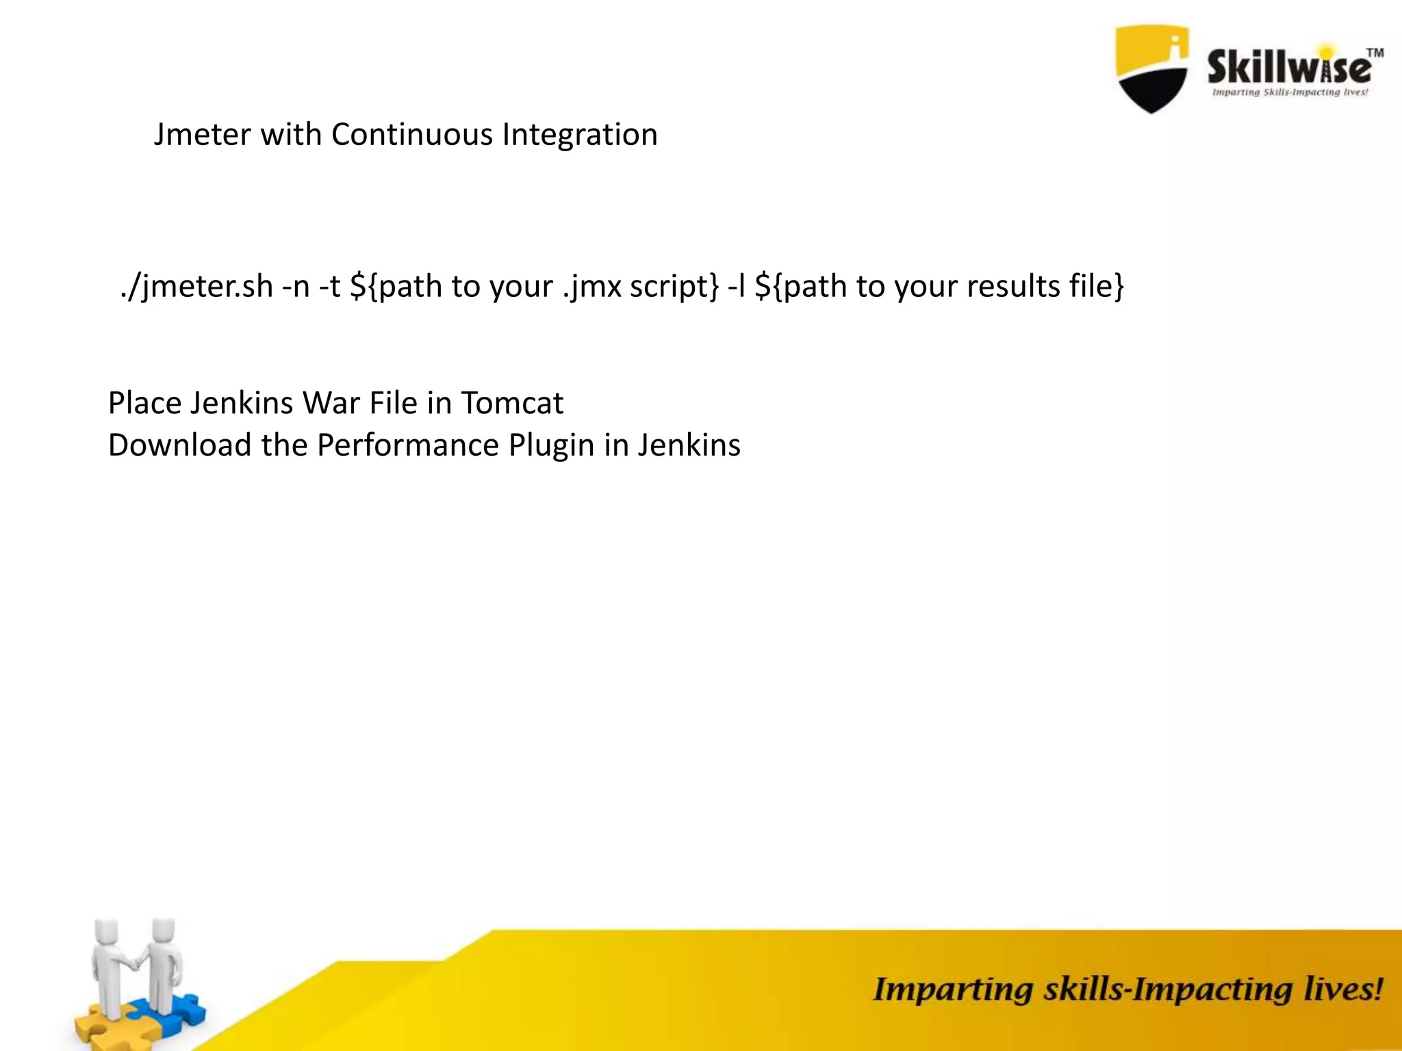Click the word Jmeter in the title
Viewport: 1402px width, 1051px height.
(202, 135)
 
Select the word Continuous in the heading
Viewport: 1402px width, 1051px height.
(411, 135)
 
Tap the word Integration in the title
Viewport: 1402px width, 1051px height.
(579, 135)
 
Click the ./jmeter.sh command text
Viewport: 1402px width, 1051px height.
(196, 287)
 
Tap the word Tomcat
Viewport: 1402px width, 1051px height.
(512, 403)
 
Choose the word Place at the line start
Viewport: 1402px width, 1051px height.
(144, 403)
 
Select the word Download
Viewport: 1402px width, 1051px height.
(179, 445)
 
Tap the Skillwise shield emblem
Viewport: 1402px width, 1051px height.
(1152, 68)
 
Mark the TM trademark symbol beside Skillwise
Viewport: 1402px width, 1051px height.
(1375, 53)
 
